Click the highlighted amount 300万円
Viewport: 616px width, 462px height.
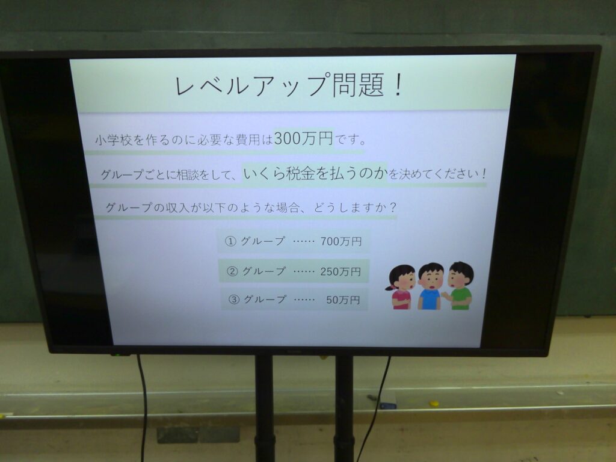click(303, 138)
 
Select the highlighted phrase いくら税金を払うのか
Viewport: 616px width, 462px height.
click(315, 173)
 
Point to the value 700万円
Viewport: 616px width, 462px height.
click(340, 241)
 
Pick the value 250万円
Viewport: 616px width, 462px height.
click(340, 271)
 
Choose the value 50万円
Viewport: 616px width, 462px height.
click(342, 300)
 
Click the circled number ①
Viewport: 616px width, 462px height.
click(230, 241)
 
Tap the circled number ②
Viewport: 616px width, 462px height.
click(232, 271)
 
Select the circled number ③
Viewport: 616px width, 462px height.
click(234, 300)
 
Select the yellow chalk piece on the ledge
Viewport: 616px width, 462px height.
click(434, 403)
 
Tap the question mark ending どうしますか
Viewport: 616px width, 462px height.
click(392, 208)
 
